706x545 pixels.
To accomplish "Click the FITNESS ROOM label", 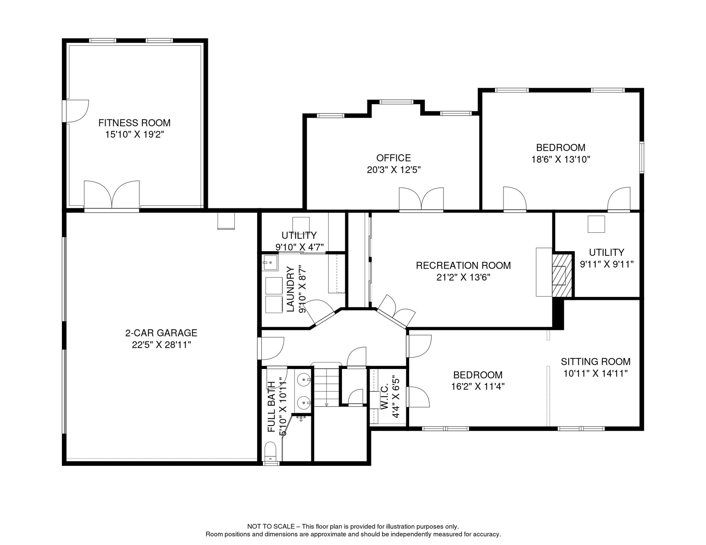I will coord(134,123).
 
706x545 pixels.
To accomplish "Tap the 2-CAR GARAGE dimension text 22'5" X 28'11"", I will coord(161,345).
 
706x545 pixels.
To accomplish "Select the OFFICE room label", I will coord(393,158).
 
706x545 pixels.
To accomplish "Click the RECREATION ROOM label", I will coord(463,265).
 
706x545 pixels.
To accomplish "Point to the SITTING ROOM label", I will coord(595,362).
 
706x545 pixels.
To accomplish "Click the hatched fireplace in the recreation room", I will coord(562,275).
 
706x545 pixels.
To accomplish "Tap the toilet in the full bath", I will coord(270,451).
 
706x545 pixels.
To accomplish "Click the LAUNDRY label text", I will coord(290,290).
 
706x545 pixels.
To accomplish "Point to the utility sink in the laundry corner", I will coord(270,263).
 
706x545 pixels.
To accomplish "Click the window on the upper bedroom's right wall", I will coord(641,158).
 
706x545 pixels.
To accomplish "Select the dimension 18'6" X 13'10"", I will coord(560,159).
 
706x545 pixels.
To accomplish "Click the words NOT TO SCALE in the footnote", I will coord(271,527).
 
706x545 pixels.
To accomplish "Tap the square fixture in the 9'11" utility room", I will coord(596,224).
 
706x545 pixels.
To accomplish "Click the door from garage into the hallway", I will coord(271,348).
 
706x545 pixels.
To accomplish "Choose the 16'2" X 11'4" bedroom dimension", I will coord(478,386).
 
